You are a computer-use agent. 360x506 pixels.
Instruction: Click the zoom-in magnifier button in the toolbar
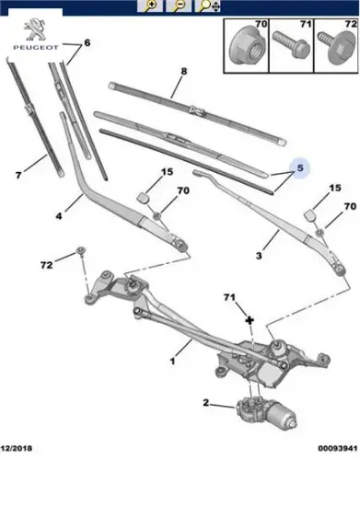(150, 6)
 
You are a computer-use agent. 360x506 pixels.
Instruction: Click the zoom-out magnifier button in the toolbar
(179, 6)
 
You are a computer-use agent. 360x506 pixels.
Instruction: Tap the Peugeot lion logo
(35, 29)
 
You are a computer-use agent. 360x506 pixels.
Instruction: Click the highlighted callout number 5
(300, 167)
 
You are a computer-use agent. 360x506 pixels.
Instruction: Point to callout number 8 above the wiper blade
(184, 71)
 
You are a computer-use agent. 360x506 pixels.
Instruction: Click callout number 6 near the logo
(87, 42)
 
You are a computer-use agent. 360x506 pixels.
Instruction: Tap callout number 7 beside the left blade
(18, 175)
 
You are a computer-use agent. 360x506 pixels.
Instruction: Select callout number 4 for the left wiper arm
(59, 215)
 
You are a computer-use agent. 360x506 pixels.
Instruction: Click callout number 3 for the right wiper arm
(259, 256)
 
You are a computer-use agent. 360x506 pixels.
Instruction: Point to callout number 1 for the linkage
(173, 361)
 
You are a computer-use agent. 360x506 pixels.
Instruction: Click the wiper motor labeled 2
(265, 412)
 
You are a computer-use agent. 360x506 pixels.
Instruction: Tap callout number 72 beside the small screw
(46, 265)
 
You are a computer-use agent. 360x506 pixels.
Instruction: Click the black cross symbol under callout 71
(250, 320)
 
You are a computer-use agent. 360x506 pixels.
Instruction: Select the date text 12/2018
(17, 448)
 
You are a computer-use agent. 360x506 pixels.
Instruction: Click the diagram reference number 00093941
(338, 448)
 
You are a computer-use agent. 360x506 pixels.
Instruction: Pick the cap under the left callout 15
(144, 197)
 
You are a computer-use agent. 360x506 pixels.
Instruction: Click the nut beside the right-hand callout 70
(319, 233)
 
